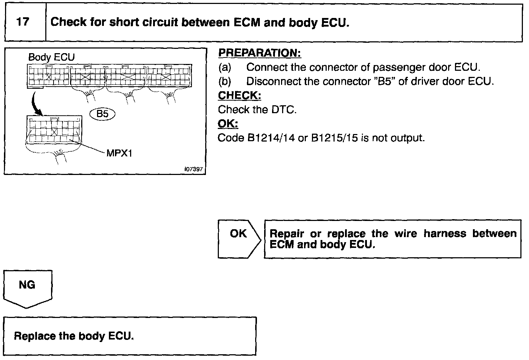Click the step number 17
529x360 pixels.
[x=23, y=22]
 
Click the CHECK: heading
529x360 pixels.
[x=239, y=96]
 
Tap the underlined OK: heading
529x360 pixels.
[x=228, y=124]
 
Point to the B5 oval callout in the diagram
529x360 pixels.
[x=102, y=114]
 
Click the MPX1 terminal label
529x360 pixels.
[x=120, y=153]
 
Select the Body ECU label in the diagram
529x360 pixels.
[x=51, y=57]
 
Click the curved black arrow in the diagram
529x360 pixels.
[x=35, y=102]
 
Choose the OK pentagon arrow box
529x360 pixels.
[x=239, y=239]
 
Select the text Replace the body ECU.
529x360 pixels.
[x=74, y=336]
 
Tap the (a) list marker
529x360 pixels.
[x=225, y=67]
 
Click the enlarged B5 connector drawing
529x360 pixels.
[x=54, y=130]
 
